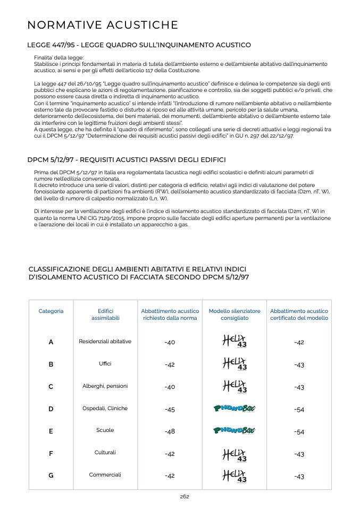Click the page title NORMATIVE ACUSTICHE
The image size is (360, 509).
point(103,25)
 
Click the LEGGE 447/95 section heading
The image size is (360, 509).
point(139,45)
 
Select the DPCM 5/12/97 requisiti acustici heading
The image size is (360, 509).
point(127,159)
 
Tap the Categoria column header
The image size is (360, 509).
point(51,311)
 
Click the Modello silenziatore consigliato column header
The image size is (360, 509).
point(235,315)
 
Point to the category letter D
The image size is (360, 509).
point(51,409)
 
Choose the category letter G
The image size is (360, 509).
point(51,476)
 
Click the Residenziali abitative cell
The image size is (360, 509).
point(105,342)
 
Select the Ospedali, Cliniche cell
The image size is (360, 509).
point(105,409)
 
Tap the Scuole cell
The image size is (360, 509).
point(105,430)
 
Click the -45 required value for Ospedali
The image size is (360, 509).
point(170,410)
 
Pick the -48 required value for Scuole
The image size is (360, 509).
point(170,432)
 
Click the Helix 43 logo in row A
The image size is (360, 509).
point(235,341)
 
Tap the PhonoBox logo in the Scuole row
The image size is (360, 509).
point(235,430)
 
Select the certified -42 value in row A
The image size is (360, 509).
point(299,343)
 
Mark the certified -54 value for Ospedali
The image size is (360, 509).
point(299,410)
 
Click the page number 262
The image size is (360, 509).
point(185,497)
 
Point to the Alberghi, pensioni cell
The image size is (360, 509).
point(105,386)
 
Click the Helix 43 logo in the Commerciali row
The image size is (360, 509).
point(235,476)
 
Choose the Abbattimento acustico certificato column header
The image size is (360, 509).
point(299,315)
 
